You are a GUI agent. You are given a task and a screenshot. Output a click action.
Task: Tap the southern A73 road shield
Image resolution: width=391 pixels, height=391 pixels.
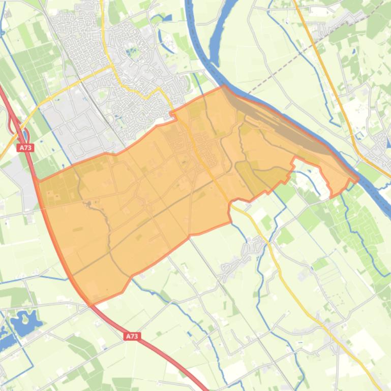(x=132, y=336)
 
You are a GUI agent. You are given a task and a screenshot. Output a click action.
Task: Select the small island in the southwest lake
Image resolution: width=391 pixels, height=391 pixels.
(x=22, y=319)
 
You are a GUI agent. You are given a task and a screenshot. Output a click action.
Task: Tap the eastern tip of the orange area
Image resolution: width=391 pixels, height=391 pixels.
(x=357, y=179)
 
